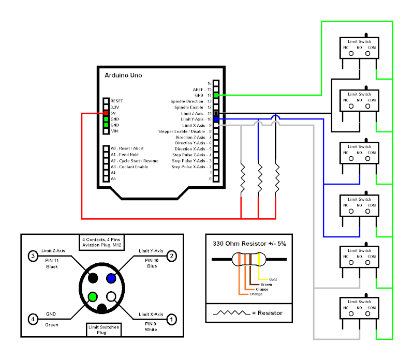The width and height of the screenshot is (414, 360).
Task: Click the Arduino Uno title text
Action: coord(123,76)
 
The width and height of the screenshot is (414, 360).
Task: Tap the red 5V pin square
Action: coord(106,113)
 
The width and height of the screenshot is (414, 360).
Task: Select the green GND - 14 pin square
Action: coord(216,95)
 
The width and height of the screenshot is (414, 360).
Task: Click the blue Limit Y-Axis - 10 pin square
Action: coord(216,119)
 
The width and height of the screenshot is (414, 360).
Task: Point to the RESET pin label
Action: coord(117,101)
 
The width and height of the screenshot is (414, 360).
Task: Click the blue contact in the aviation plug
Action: coord(111,278)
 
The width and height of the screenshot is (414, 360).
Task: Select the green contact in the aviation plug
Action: coord(93,297)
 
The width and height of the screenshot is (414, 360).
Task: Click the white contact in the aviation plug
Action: coord(111,297)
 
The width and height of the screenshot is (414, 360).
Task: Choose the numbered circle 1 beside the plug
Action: coord(172,319)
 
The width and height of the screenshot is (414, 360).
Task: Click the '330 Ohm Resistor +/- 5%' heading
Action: coord(249,243)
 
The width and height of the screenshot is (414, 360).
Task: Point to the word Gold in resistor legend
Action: coord(273,279)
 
